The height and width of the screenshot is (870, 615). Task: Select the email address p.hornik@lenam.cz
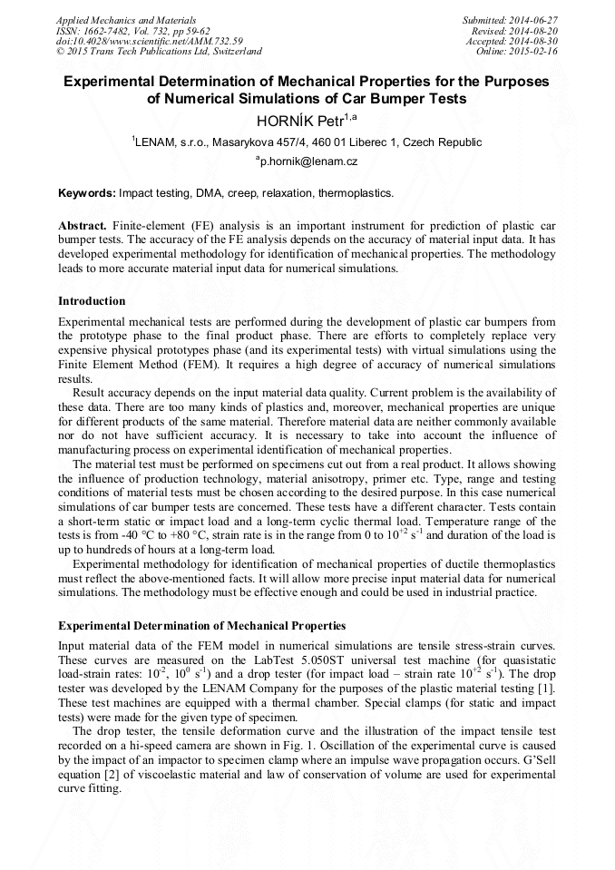[x=308, y=161]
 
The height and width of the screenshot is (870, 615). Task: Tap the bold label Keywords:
[x=87, y=193]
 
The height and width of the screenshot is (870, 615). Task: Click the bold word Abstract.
[x=83, y=224]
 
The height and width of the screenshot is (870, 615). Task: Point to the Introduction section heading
[x=92, y=301]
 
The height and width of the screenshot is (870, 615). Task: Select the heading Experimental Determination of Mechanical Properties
[x=201, y=626]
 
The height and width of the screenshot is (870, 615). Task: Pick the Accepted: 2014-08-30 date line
[x=512, y=41]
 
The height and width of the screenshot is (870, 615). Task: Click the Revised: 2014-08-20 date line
[x=514, y=30]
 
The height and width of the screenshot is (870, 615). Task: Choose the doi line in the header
[x=149, y=41]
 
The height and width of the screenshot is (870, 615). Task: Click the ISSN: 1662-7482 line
[x=132, y=30]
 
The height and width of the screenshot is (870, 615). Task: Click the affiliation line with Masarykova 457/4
[x=307, y=142]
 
